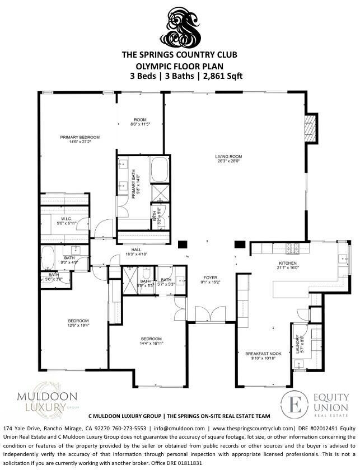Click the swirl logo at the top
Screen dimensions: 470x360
click(x=180, y=27)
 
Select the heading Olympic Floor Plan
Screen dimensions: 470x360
click(x=180, y=65)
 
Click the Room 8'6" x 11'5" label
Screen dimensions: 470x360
click(x=140, y=121)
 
